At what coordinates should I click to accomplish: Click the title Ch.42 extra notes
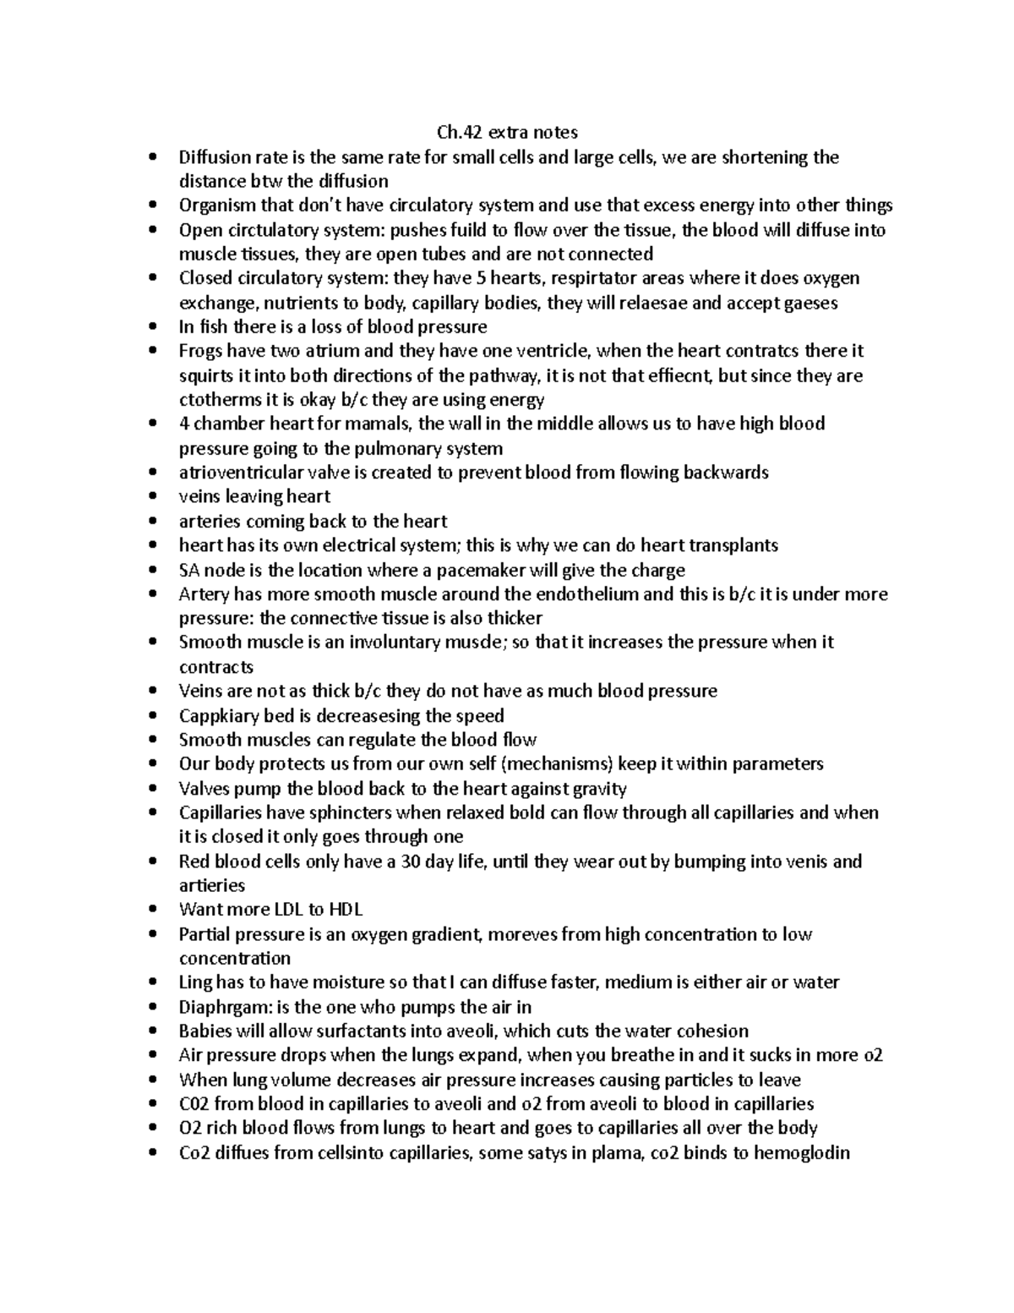(x=507, y=132)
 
